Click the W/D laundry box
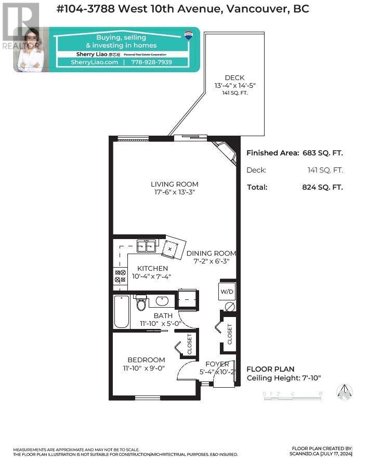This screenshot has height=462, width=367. tap(227, 291)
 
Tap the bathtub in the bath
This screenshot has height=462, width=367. tap(121, 311)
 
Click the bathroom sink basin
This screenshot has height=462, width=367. tap(162, 300)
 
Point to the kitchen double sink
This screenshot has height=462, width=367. tap(146, 246)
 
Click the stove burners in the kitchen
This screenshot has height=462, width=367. tap(120, 276)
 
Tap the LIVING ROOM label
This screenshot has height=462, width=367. tap(175, 184)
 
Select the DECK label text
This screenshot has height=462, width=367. tap(235, 78)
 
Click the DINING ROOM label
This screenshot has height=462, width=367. tap(211, 253)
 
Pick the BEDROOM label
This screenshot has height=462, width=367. tap(147, 360)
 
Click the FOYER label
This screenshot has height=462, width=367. tap(217, 364)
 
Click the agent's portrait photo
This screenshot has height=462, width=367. tap(30, 50)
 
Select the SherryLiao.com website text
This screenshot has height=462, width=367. tap(97, 62)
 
